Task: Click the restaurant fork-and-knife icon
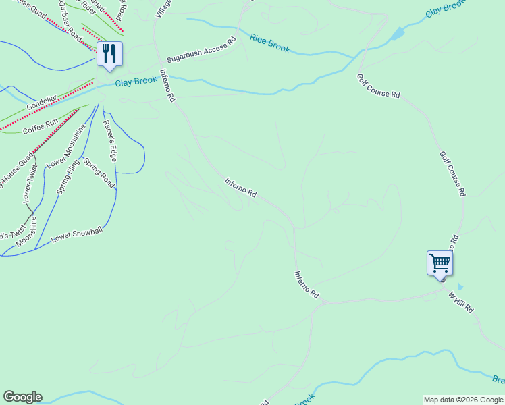point(109,54)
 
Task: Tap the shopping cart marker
point(440,263)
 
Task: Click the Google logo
point(22,397)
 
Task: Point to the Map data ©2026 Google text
point(463,400)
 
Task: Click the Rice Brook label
point(269,44)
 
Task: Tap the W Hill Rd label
point(461,301)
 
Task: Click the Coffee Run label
point(41,126)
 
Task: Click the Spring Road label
point(99,174)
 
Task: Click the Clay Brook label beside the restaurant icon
point(136,82)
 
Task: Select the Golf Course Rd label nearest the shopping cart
point(453,173)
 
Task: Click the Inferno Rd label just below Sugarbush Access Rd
point(167,85)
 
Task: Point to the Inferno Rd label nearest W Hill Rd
point(306,286)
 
